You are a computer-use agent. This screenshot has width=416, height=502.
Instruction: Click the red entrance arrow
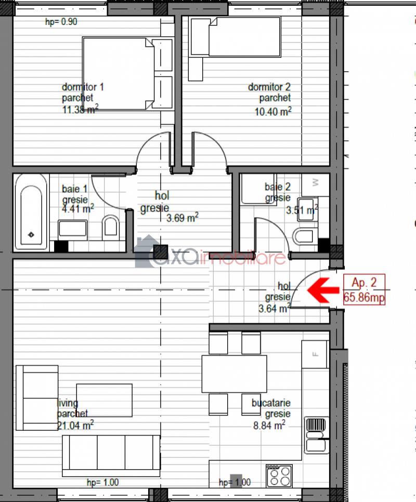pyautogui.click(x=323, y=290)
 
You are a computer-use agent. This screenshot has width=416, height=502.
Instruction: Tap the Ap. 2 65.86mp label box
pyautogui.click(x=364, y=289)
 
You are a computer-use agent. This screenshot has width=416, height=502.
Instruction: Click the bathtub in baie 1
pyautogui.click(x=31, y=212)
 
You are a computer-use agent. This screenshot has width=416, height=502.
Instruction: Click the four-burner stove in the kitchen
pyautogui.click(x=279, y=475)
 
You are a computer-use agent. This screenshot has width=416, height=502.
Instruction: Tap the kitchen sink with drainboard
pyautogui.click(x=316, y=435)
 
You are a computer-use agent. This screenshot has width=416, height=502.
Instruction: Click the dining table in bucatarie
pyautogui.click(x=234, y=374)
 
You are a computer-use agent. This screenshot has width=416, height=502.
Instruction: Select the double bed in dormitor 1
pyautogui.click(x=128, y=74)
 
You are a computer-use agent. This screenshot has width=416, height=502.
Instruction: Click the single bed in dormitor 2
pyautogui.click(x=236, y=37)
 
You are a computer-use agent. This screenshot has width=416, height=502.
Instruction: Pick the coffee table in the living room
pyautogui.click(x=105, y=400)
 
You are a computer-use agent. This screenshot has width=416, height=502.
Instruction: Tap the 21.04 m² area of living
pyautogui.click(x=75, y=426)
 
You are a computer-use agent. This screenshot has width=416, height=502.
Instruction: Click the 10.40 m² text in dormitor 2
pyautogui.click(x=273, y=111)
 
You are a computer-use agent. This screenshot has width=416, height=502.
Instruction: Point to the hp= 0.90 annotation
pyautogui.click(x=61, y=22)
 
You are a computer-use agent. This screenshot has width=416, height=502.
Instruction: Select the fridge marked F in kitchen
pyautogui.click(x=316, y=354)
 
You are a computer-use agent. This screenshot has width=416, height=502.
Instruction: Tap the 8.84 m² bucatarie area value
pyautogui.click(x=269, y=426)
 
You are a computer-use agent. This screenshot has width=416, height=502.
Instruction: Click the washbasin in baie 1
pyautogui.click(x=73, y=229)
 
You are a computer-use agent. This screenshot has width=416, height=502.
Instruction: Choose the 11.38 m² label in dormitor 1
pyautogui.click(x=80, y=109)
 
